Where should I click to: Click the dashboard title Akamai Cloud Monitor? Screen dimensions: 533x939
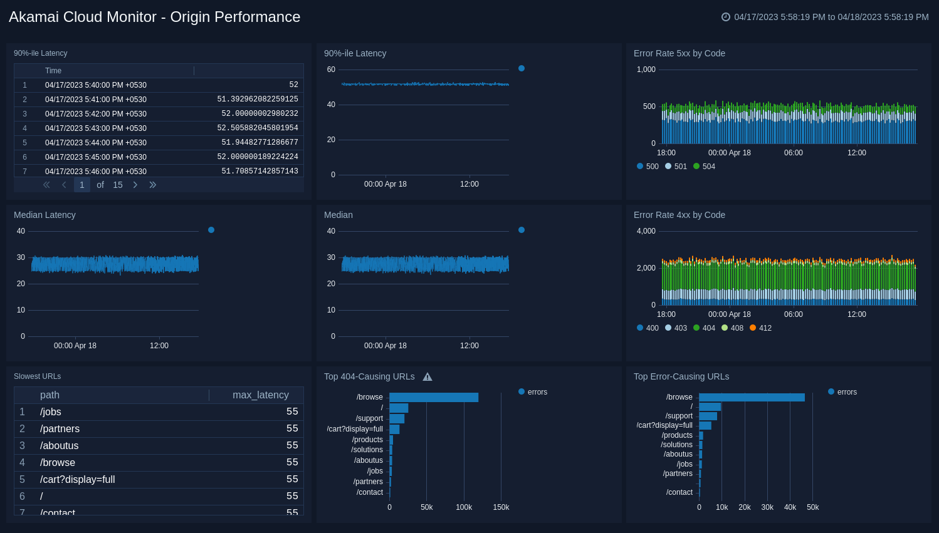(154, 17)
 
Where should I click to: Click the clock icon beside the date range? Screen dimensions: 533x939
(726, 17)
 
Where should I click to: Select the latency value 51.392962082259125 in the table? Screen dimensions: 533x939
(257, 99)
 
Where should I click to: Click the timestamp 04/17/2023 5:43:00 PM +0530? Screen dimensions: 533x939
(95, 128)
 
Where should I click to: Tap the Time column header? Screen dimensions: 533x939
(53, 71)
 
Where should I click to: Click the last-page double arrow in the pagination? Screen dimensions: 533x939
(152, 185)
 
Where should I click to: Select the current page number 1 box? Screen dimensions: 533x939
(81, 185)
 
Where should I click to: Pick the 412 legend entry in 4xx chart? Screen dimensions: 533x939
(760, 328)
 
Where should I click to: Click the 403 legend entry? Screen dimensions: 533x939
(676, 328)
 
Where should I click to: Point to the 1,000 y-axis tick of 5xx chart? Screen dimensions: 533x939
(646, 70)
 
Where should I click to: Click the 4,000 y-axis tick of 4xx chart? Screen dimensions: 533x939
(646, 231)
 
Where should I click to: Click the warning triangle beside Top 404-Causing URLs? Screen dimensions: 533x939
(428, 377)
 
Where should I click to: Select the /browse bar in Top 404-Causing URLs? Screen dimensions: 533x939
(434, 397)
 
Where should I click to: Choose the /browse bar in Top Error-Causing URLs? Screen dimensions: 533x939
(752, 397)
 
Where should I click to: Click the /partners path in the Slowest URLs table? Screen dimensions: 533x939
(60, 429)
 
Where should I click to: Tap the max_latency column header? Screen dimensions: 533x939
(260, 395)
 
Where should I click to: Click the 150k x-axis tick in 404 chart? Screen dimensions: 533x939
(501, 507)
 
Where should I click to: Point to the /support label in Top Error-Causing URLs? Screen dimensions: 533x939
(679, 416)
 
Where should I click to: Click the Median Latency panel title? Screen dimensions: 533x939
(45, 215)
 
